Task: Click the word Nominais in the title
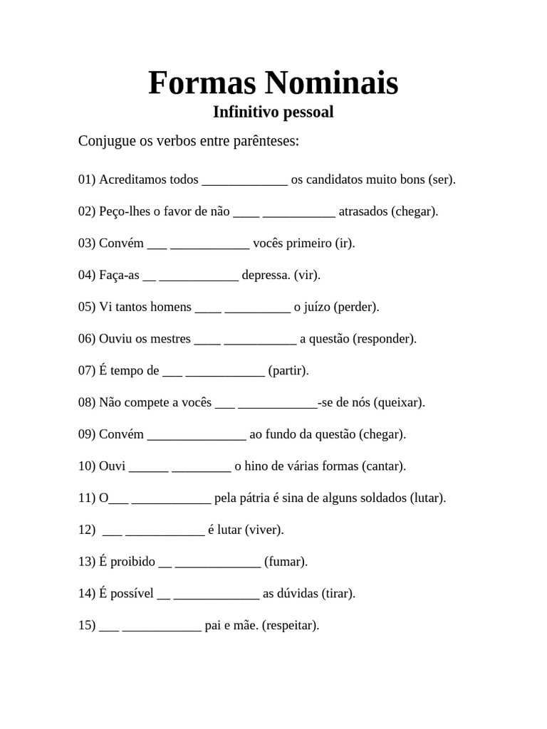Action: (x=332, y=83)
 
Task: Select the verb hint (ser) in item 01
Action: (x=442, y=179)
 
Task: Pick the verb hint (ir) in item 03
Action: (x=345, y=243)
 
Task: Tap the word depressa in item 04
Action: (x=266, y=276)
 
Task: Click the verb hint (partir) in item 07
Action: (x=288, y=371)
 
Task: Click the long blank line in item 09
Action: (x=197, y=436)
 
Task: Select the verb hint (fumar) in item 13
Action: (x=286, y=562)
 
